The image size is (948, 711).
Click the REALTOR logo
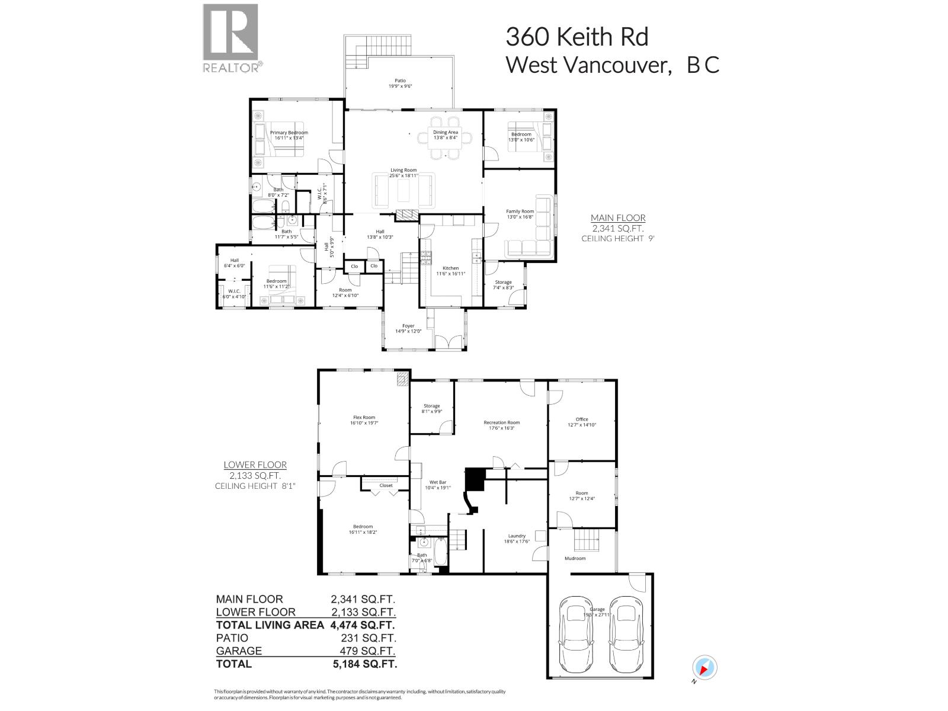(231, 39)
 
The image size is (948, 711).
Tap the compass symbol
(704, 667)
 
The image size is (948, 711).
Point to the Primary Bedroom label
(289, 133)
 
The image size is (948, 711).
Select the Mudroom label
(575, 558)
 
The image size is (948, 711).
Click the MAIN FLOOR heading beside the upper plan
(618, 218)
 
